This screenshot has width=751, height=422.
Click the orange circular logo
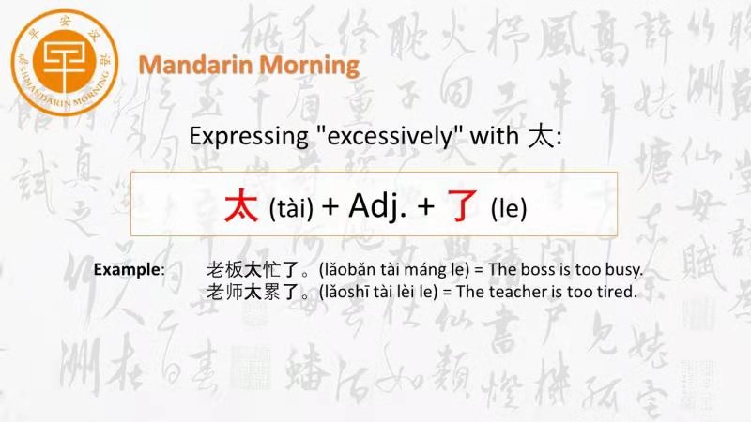coord(65,62)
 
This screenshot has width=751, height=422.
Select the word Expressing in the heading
coord(249,137)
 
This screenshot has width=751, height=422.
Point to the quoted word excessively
coord(390,136)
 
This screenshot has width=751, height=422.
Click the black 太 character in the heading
coord(542,137)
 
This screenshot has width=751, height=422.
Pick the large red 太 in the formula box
coord(241,205)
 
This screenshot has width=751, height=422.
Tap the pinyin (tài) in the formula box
coord(291,208)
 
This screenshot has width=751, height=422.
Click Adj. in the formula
coord(377,205)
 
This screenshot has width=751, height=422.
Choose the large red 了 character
coord(462,205)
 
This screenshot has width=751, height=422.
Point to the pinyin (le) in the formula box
coord(509,208)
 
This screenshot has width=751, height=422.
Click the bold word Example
coord(127,269)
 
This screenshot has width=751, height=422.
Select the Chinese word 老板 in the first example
coord(224,270)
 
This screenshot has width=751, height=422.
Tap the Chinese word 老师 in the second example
coord(224,292)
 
